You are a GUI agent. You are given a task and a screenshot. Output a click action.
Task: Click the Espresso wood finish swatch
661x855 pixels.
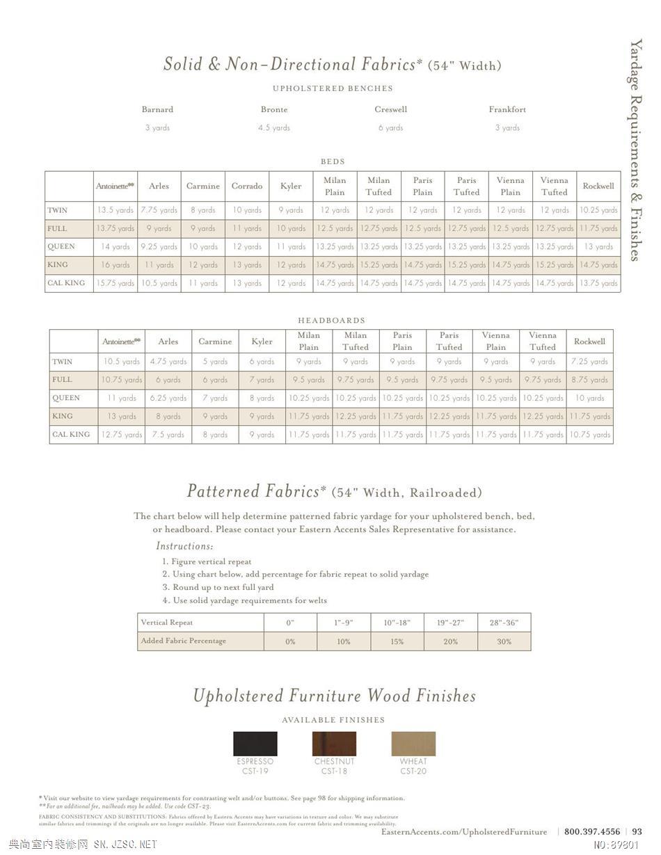point(255,743)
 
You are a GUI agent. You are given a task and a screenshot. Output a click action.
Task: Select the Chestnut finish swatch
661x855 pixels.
point(334,743)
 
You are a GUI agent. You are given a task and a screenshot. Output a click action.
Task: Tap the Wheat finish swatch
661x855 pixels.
point(413,743)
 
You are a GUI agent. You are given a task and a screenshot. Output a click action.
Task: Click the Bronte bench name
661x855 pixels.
point(274,109)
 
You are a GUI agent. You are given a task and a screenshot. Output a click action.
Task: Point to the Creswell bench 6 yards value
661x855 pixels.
point(390,127)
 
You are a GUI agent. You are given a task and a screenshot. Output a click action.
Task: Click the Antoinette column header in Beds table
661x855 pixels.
point(115,186)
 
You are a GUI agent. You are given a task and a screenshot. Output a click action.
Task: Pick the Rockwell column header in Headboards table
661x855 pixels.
point(589,341)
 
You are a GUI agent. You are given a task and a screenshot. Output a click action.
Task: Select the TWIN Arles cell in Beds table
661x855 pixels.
point(159,209)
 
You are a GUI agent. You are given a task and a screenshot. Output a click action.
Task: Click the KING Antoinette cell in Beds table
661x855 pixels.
point(115,264)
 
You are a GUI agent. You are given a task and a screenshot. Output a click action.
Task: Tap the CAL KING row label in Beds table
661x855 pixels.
point(66,283)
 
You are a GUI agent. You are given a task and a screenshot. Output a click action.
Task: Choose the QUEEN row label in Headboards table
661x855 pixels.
point(66,398)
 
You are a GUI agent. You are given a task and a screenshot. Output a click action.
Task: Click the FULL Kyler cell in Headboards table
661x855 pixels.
point(262,380)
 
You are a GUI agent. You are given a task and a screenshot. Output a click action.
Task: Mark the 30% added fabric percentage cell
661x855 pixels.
point(504,641)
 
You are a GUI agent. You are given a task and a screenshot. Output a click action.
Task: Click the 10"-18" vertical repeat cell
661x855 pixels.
point(397,623)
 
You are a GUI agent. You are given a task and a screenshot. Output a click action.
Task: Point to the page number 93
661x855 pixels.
point(637,831)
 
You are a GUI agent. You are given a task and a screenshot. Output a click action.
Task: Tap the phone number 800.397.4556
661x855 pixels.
point(592,831)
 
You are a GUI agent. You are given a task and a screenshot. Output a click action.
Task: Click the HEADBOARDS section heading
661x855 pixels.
point(331,321)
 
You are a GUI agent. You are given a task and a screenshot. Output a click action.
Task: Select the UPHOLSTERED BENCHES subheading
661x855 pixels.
point(333,88)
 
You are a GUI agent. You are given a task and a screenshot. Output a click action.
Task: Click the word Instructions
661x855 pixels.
point(184,546)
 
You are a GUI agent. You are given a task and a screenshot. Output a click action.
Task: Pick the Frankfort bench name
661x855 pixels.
point(507,109)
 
